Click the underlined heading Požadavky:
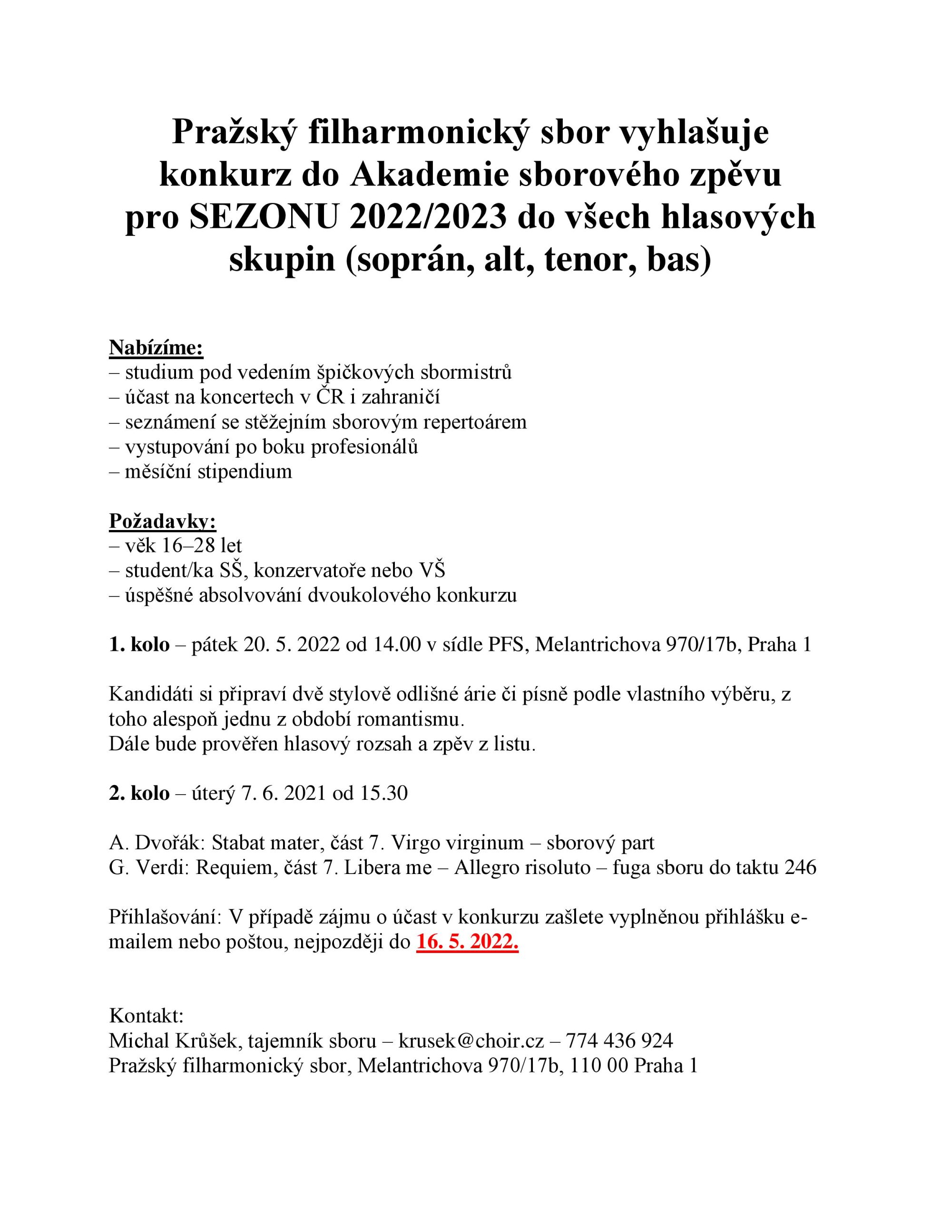point(162,521)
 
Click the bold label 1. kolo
point(139,644)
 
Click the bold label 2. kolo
point(139,793)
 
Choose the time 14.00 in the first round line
point(395,644)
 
